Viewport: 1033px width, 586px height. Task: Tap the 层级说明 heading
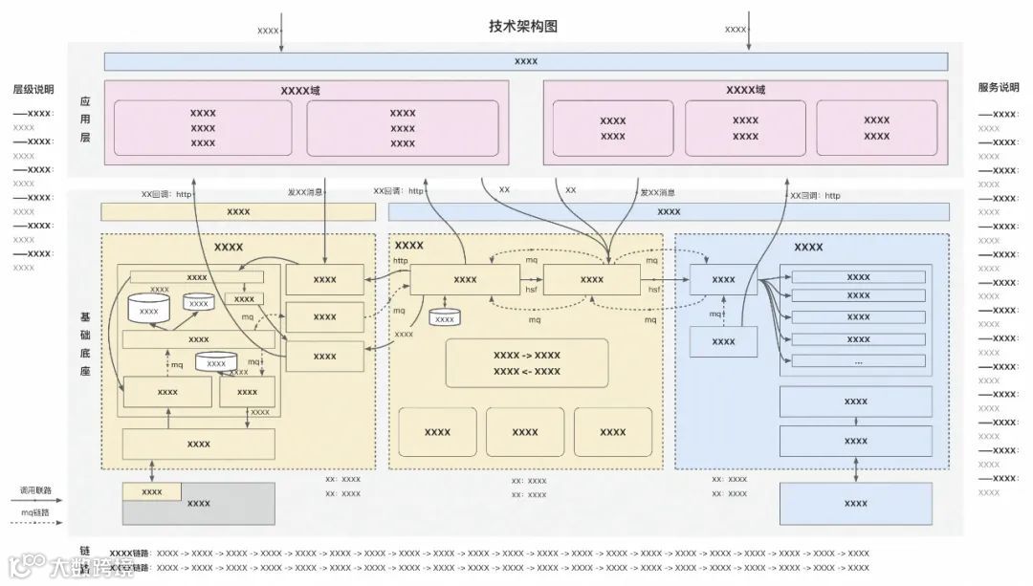[33, 89]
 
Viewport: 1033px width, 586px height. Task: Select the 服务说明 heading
[998, 87]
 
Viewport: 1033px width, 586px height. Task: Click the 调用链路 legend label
[36, 489]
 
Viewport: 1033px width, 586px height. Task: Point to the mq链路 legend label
[36, 512]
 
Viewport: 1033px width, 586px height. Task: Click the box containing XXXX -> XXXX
[527, 363]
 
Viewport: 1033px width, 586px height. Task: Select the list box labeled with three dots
[858, 361]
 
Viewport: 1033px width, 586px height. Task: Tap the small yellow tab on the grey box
[151, 491]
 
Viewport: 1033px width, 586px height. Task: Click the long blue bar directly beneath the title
[525, 61]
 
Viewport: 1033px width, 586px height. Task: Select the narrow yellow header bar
[238, 211]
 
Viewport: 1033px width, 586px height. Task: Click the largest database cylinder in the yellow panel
[148, 309]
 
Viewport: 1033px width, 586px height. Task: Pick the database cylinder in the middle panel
[444, 317]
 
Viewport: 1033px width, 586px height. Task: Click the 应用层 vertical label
[85, 119]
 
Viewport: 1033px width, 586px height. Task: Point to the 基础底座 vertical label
[85, 342]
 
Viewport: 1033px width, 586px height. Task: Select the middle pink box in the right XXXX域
[745, 128]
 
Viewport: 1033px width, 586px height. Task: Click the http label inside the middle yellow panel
[400, 260]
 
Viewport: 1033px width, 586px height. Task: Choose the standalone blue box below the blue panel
[855, 503]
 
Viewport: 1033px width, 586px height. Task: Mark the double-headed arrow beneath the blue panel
[855, 469]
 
